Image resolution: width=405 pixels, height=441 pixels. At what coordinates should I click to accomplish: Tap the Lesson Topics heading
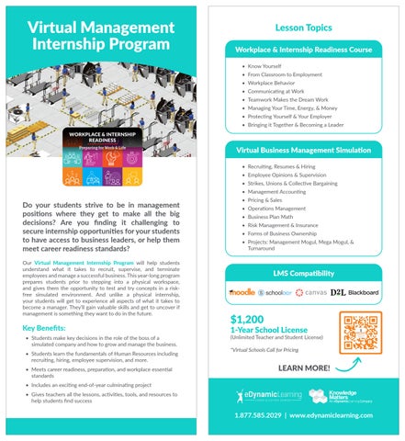coord(304,29)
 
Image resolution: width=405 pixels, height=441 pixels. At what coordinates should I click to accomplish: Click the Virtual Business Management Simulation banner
coord(304,149)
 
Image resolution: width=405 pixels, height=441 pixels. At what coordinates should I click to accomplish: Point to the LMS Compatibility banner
coord(304,273)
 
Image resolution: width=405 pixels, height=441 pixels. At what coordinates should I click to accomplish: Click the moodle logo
coord(242,293)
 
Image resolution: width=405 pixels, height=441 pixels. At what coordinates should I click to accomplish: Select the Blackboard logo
coord(364,293)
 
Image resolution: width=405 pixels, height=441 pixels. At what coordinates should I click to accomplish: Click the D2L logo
coord(338,293)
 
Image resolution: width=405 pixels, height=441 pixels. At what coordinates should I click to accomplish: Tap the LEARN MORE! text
coord(304,368)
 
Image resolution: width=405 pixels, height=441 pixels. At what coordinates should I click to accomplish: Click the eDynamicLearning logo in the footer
coord(267,396)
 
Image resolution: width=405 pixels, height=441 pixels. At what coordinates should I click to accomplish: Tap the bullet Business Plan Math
coord(276,216)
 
